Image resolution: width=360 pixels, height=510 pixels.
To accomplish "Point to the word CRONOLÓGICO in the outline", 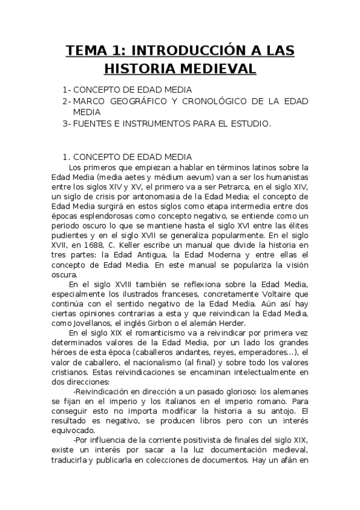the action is tap(220, 101).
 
